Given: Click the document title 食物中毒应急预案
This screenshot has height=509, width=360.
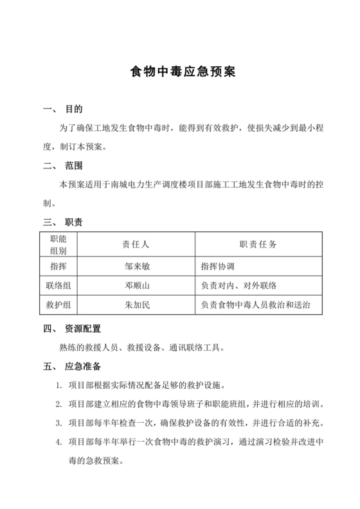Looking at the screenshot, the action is click(x=179, y=71).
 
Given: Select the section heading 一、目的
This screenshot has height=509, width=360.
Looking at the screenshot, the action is click(x=65, y=110).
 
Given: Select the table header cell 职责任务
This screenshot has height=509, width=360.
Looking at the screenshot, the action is click(x=258, y=245).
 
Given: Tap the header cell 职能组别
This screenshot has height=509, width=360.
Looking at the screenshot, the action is click(x=59, y=245).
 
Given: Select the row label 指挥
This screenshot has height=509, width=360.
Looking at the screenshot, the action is click(x=59, y=265).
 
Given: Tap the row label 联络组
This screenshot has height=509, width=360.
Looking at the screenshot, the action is click(x=59, y=285).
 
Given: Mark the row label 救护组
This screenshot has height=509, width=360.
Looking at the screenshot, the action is click(x=59, y=305).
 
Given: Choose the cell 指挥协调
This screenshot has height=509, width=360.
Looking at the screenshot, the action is click(x=219, y=265).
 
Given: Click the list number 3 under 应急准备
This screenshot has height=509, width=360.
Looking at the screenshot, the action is click(x=59, y=424).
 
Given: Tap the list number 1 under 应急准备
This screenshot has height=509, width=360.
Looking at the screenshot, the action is click(x=59, y=386).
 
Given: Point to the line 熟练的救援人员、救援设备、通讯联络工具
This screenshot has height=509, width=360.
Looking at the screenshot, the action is click(x=141, y=348).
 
